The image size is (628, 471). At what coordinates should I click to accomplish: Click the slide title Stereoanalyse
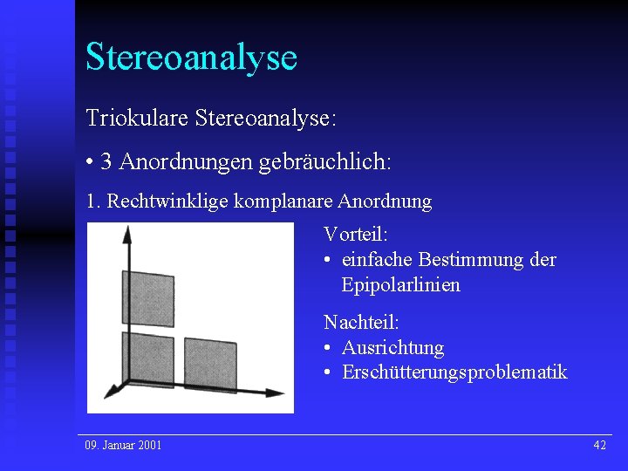click(191, 57)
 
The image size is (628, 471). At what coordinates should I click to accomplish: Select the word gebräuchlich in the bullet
click(336, 161)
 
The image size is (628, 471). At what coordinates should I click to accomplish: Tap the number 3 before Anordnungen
click(106, 161)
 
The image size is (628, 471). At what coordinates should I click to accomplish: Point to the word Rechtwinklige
click(161, 201)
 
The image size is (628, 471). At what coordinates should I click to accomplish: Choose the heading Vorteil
click(355, 234)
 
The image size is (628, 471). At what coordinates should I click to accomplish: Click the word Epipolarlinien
click(400, 285)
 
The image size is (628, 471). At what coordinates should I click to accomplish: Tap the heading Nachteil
click(360, 322)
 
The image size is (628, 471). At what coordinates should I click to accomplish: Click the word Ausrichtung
click(392, 348)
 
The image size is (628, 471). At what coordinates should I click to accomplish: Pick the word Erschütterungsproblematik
click(454, 372)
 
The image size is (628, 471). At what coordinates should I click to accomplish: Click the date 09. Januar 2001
click(123, 446)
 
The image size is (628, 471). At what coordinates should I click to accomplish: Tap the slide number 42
click(599, 446)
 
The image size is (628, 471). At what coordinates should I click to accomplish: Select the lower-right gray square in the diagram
click(209, 365)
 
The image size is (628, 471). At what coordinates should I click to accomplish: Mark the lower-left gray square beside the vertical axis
click(152, 361)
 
